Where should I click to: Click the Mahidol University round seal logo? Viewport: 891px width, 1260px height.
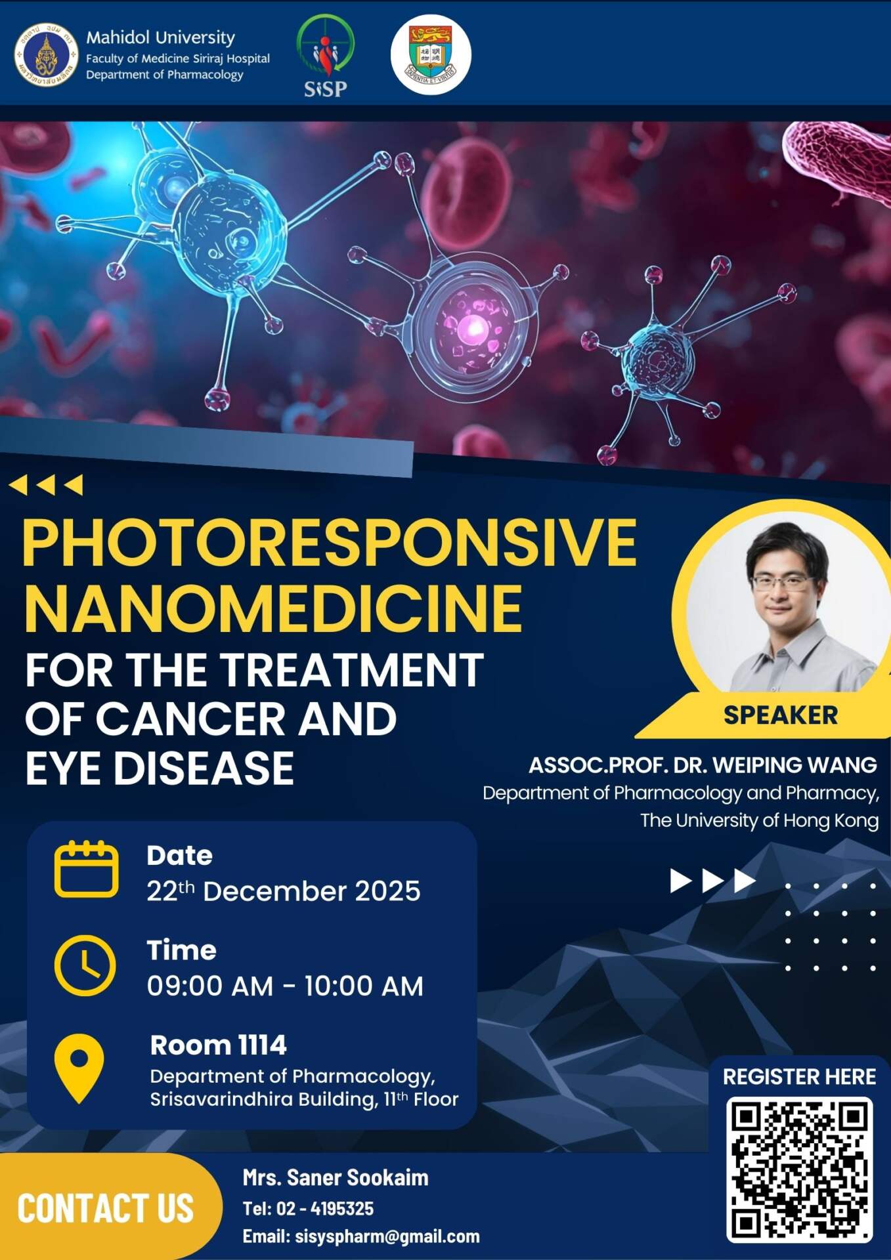click(x=46, y=55)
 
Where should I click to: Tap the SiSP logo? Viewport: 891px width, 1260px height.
click(x=325, y=56)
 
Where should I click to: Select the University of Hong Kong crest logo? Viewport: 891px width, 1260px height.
click(x=431, y=54)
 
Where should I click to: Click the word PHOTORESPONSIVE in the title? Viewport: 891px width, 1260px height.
click(x=329, y=543)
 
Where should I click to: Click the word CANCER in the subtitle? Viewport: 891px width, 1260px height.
click(x=190, y=719)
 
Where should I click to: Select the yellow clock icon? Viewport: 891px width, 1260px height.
click(x=85, y=966)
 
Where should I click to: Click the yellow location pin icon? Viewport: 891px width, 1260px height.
click(x=79, y=1068)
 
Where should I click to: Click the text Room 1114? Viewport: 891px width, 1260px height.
click(x=218, y=1045)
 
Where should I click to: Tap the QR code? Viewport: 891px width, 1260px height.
click(x=800, y=1169)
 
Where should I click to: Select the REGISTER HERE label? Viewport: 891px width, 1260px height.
click(x=799, y=1077)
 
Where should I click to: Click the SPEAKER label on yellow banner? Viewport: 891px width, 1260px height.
click(x=781, y=715)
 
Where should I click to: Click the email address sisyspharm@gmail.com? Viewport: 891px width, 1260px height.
click(x=387, y=1236)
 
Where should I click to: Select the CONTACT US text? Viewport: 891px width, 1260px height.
click(x=106, y=1209)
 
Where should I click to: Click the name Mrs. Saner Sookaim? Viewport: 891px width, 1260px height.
click(x=336, y=1178)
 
